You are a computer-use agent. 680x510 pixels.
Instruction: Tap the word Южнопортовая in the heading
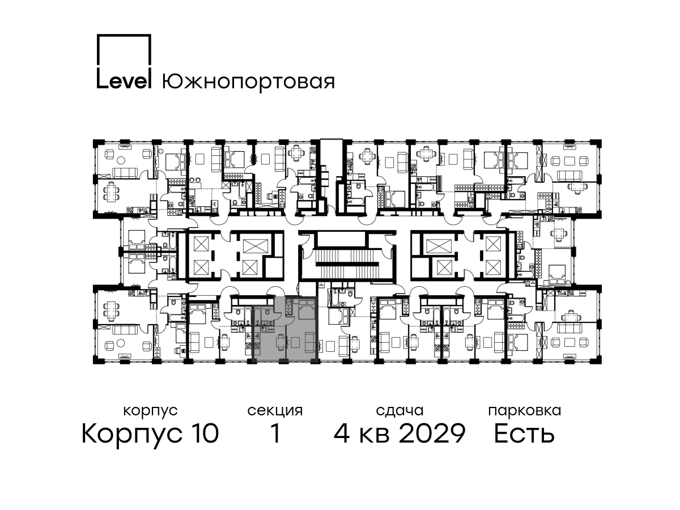[248, 82]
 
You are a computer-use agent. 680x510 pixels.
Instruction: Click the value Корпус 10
[150, 434]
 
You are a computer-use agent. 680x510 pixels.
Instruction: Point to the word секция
[275, 411]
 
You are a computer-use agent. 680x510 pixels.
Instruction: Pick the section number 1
[276, 434]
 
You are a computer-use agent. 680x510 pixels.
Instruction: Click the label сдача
[399, 411]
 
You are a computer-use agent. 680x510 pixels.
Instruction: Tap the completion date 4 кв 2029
[399, 434]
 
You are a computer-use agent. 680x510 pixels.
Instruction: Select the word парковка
[525, 411]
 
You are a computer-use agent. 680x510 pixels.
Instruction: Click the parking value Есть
[524, 434]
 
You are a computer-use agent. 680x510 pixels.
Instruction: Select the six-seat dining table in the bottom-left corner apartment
[111, 313]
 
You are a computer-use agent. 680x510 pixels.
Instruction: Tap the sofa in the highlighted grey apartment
[310, 342]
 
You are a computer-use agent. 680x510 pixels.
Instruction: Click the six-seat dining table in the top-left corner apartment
[111, 192]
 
